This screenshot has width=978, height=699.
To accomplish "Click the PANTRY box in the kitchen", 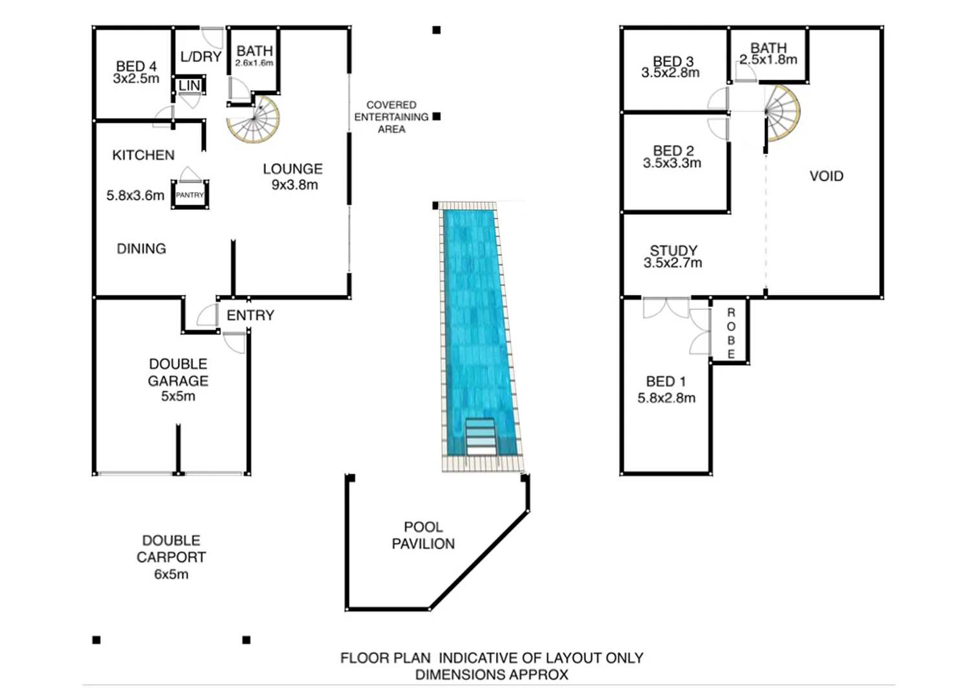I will pyautogui.click(x=190, y=195).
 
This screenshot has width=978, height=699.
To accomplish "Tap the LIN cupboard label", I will pyautogui.click(x=190, y=85).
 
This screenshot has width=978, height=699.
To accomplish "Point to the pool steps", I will pyautogui.click(x=481, y=438).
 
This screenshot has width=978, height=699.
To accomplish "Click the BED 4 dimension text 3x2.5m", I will pyautogui.click(x=136, y=79).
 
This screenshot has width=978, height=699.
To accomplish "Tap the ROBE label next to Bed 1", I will pyautogui.click(x=731, y=333).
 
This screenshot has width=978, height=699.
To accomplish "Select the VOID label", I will pyautogui.click(x=826, y=176).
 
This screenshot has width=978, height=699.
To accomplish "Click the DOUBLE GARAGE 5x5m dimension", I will pyautogui.click(x=178, y=396).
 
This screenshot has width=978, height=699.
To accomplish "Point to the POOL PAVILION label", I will pyautogui.click(x=423, y=535).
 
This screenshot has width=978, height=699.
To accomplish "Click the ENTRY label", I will pyautogui.click(x=250, y=315).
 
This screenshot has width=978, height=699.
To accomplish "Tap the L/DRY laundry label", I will pyautogui.click(x=201, y=57).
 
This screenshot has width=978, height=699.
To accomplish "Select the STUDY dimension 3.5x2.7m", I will pyautogui.click(x=673, y=263).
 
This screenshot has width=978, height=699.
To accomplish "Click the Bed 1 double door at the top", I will pyautogui.click(x=666, y=307).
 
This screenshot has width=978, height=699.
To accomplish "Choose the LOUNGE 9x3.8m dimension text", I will pyautogui.click(x=294, y=185).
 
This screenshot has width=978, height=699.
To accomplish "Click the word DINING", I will pyautogui.click(x=141, y=249).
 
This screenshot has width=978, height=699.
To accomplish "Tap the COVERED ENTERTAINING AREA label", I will pyautogui.click(x=391, y=117).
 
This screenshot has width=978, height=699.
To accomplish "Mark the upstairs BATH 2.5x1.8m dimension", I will pyautogui.click(x=768, y=60).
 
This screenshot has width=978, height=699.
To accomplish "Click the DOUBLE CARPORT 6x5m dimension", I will pyautogui.click(x=171, y=574).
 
